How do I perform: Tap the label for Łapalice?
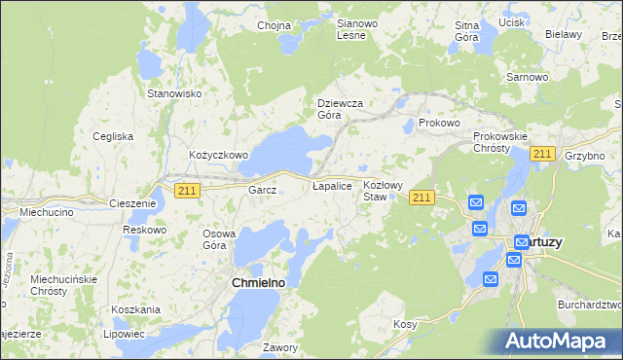pos(331,185)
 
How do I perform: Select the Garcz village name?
pos(263,191)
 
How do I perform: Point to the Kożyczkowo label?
pos(219,155)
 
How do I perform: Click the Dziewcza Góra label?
pos(341,108)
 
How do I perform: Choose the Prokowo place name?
pos(438,124)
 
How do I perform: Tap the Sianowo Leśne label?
pos(349,29)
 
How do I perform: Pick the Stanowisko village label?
pos(173,93)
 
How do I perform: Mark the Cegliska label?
pos(113,136)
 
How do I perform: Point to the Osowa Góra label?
pos(219,239)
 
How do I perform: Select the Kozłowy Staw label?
pos(382,190)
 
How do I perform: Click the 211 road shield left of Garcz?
pos(188,191)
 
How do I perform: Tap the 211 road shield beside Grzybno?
pos(543,154)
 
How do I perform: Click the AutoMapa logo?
pos(560,342)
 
